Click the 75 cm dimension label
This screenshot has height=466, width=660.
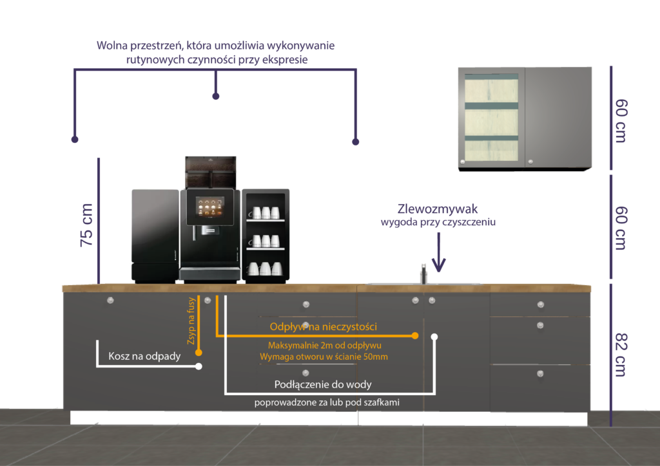(x=86, y=225)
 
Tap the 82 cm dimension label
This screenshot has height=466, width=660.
(x=622, y=355)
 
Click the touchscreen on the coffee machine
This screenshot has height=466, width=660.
(x=209, y=207)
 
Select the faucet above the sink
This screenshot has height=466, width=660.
(x=423, y=274)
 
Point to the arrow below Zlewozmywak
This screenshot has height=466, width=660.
(x=438, y=252)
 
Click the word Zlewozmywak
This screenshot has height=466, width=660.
(x=438, y=209)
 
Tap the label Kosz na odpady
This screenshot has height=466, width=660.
(x=144, y=357)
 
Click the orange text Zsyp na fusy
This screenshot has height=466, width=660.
(x=191, y=321)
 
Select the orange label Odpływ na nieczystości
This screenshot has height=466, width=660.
(x=324, y=326)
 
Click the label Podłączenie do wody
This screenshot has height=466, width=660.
(x=323, y=384)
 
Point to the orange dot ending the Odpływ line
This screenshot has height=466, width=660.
(x=415, y=336)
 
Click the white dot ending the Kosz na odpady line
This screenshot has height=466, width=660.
(x=199, y=366)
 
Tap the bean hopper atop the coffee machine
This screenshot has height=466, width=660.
(x=211, y=172)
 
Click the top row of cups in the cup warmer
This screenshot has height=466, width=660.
(x=266, y=212)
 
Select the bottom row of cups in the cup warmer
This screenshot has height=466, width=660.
(x=265, y=268)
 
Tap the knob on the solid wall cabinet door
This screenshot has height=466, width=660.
(x=530, y=162)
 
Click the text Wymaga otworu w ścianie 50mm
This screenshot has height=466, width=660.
(x=324, y=357)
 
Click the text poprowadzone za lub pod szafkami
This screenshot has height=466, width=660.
(x=327, y=402)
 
